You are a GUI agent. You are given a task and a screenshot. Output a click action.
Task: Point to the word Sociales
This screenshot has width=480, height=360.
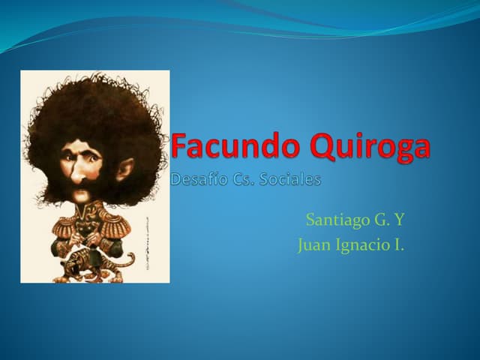pyautogui.click(x=290, y=180)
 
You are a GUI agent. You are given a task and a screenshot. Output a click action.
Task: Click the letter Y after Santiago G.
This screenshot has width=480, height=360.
pyautogui.click(x=400, y=220)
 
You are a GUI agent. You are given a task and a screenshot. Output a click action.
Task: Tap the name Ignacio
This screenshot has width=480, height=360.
pyautogui.click(x=357, y=244)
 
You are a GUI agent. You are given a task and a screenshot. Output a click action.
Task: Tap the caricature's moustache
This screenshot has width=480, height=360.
pyautogui.click(x=81, y=192)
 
